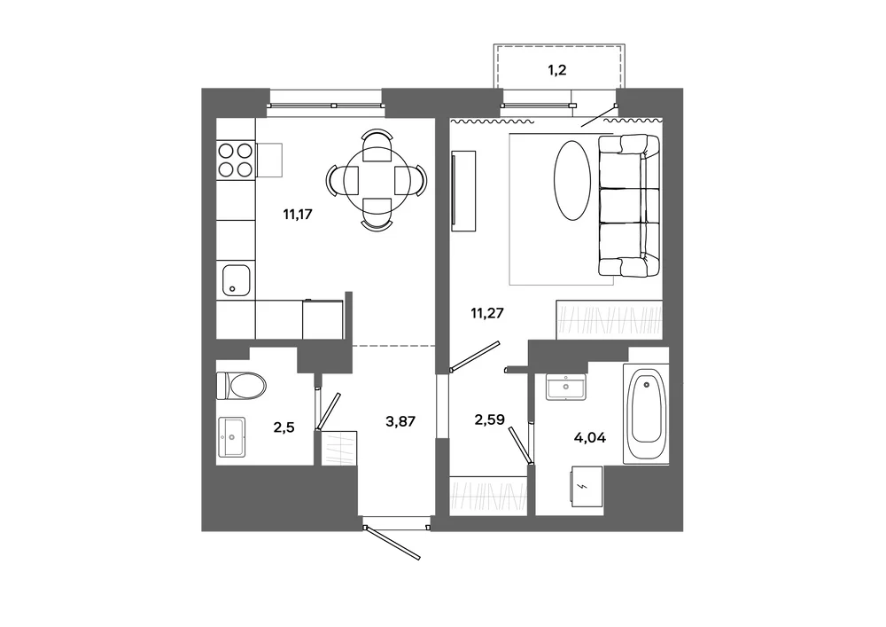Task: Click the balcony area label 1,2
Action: pos(557,70)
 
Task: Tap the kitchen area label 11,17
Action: pos(298,215)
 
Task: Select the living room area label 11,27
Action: pos(487,313)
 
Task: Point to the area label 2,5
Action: pos(284,427)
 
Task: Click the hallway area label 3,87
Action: pos(400,421)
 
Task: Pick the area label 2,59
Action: pos(489,419)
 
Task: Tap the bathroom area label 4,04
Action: pos(590,437)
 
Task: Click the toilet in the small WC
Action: pos(241,385)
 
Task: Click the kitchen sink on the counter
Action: pos(237,280)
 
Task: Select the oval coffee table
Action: pos(572,181)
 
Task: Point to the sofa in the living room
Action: pos(629,206)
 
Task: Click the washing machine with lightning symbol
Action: pos(587,486)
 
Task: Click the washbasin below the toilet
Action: pos(231,437)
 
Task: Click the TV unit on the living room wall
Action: pos(463,191)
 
